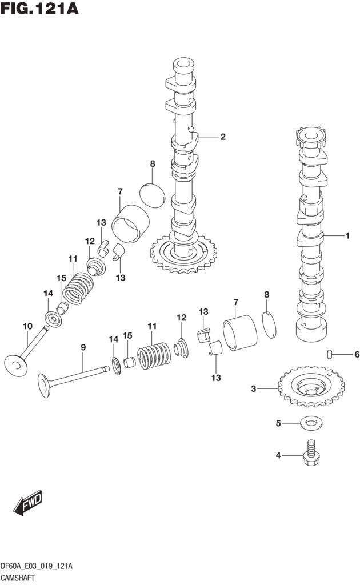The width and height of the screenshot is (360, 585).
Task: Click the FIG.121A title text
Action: pyautogui.click(x=39, y=10)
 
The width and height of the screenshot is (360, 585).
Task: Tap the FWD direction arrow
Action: pyautogui.click(x=28, y=503)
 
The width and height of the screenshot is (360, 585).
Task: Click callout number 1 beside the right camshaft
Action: pyautogui.click(x=346, y=235)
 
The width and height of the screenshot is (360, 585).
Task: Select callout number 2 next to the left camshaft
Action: pyautogui.click(x=223, y=137)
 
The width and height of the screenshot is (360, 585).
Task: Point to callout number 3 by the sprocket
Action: pyautogui.click(x=253, y=389)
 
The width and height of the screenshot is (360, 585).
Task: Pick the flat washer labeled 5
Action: pyautogui.click(x=310, y=423)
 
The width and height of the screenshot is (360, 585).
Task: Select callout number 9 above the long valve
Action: pyautogui.click(x=83, y=347)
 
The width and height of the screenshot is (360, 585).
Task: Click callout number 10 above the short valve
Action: pyautogui.click(x=27, y=326)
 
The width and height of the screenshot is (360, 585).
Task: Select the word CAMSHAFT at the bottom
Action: pyautogui.click(x=22, y=578)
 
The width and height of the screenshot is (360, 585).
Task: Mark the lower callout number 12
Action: pyautogui.click(x=181, y=318)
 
